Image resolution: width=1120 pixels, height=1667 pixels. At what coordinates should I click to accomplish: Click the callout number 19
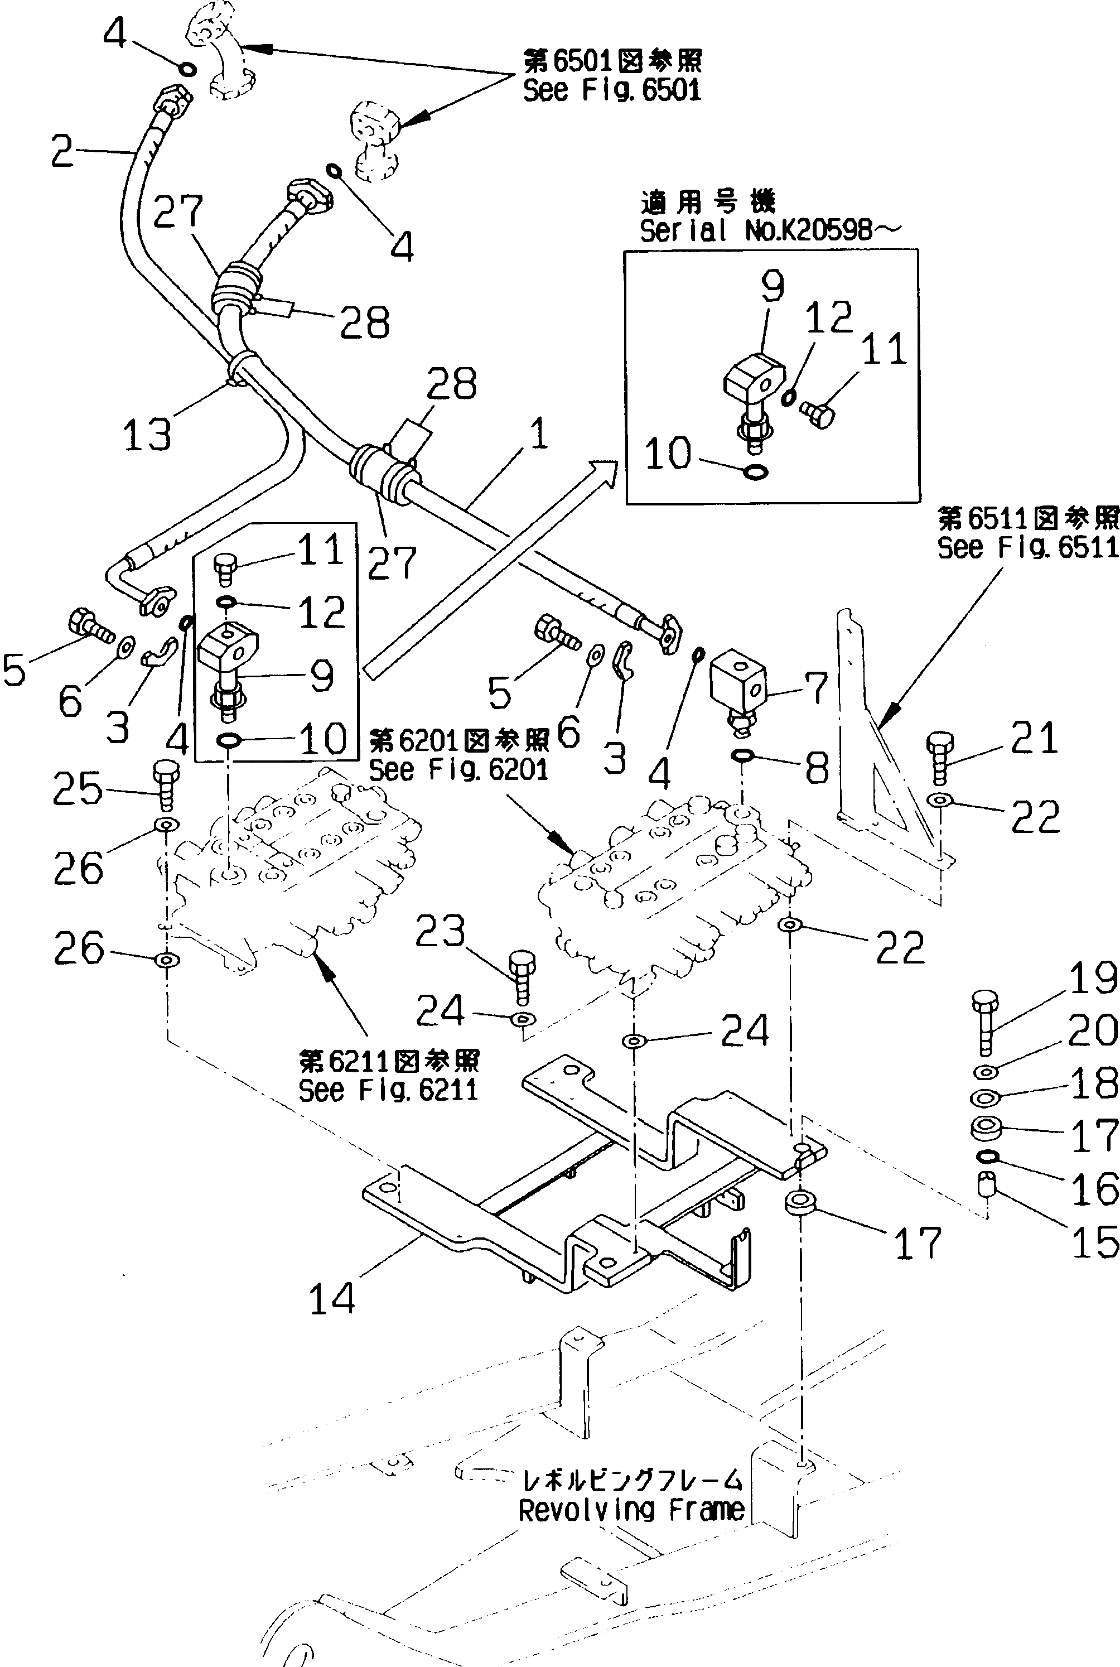pos(1093,978)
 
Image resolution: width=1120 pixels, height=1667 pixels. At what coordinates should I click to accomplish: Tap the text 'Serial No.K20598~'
pos(770,230)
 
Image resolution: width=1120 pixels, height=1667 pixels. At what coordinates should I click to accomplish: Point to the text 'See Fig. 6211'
pos(388,1090)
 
